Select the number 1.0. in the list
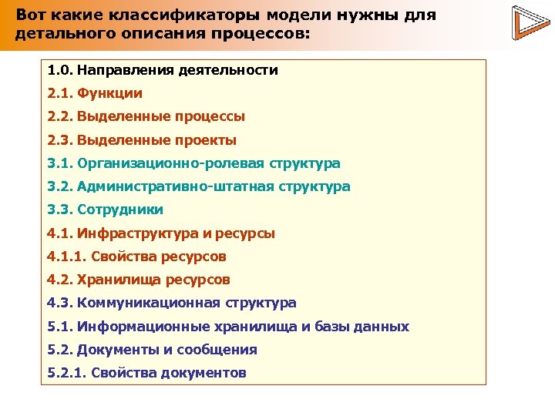pyautogui.click(x=60, y=70)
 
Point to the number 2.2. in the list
pyautogui.click(x=60, y=116)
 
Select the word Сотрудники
pyautogui.click(x=120, y=210)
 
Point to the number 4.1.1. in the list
pyautogui.click(x=66, y=257)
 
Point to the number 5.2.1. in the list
pyautogui.click(x=66, y=373)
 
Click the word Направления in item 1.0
pyautogui.click(x=125, y=70)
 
